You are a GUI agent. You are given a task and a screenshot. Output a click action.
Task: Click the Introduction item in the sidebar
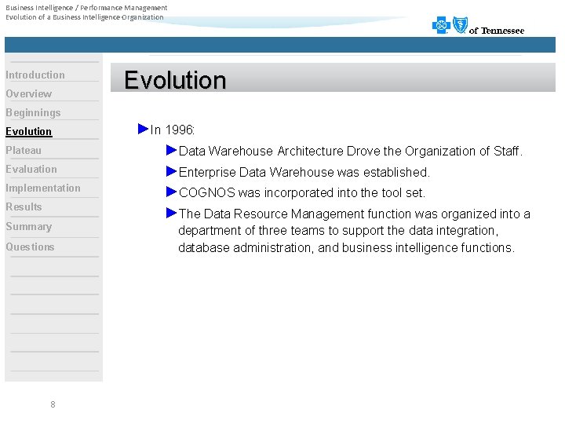coord(35,75)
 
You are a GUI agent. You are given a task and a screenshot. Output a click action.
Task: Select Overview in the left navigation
coord(29,94)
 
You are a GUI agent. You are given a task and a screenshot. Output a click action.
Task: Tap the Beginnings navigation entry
coord(33,113)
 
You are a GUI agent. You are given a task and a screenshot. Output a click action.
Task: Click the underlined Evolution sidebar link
coord(29,132)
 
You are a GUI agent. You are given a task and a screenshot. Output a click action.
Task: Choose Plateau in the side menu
coord(24,151)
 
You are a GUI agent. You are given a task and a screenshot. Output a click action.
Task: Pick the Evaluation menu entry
coord(31,170)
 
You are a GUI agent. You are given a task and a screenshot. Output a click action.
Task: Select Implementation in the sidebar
coord(43,188)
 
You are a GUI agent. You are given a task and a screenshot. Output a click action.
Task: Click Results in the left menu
coord(24,207)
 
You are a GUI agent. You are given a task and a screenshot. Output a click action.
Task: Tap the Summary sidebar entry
coord(29,227)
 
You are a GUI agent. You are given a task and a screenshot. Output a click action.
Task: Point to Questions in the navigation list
coord(31,247)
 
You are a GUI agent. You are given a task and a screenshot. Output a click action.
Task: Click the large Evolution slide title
coord(175,80)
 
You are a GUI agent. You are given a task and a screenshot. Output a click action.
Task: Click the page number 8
coord(53,404)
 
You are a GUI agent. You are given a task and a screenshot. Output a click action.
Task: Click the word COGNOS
coord(207,192)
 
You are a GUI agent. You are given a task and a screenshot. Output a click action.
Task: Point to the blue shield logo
coord(460,26)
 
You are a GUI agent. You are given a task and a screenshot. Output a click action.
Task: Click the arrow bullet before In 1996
coord(143,128)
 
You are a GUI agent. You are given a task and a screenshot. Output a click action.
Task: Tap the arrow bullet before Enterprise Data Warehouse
coord(172,171)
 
